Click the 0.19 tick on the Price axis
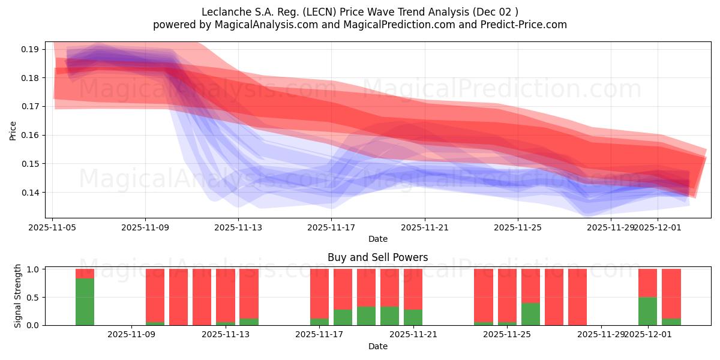click(31, 49)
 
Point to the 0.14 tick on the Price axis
click(31, 193)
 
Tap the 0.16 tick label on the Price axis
click(31, 135)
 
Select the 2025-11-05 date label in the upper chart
click(52, 227)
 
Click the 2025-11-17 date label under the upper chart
click(331, 227)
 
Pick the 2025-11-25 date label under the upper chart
click(517, 227)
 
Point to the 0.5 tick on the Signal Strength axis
click(33, 297)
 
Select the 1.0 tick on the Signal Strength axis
click(33, 269)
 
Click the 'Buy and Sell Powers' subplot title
click(377, 257)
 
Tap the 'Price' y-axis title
click(13, 130)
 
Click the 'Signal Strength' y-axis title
click(18, 296)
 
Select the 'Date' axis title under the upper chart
click(377, 239)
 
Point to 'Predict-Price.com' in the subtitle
click(524, 25)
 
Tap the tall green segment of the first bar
click(85, 302)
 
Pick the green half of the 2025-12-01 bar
click(647, 311)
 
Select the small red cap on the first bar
click(85, 274)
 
